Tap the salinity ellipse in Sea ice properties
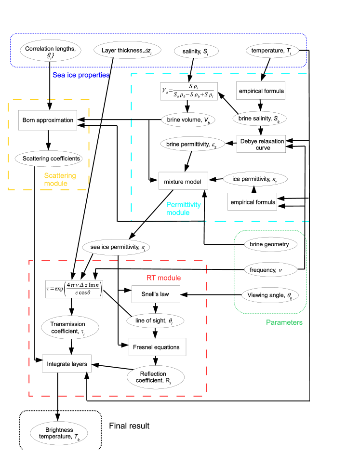tap(197, 51)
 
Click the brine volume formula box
tap(189, 91)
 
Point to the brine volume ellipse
tap(188, 120)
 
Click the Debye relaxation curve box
tap(263, 144)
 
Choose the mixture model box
tap(183, 181)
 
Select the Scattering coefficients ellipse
tap(48, 159)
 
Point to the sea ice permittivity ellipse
tap(117, 248)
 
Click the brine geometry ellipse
tap(269, 244)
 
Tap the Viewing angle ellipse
tap(269, 295)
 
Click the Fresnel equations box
tap(157, 347)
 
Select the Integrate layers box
tap(67, 364)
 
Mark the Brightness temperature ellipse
tap(59, 433)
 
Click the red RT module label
tap(163, 278)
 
